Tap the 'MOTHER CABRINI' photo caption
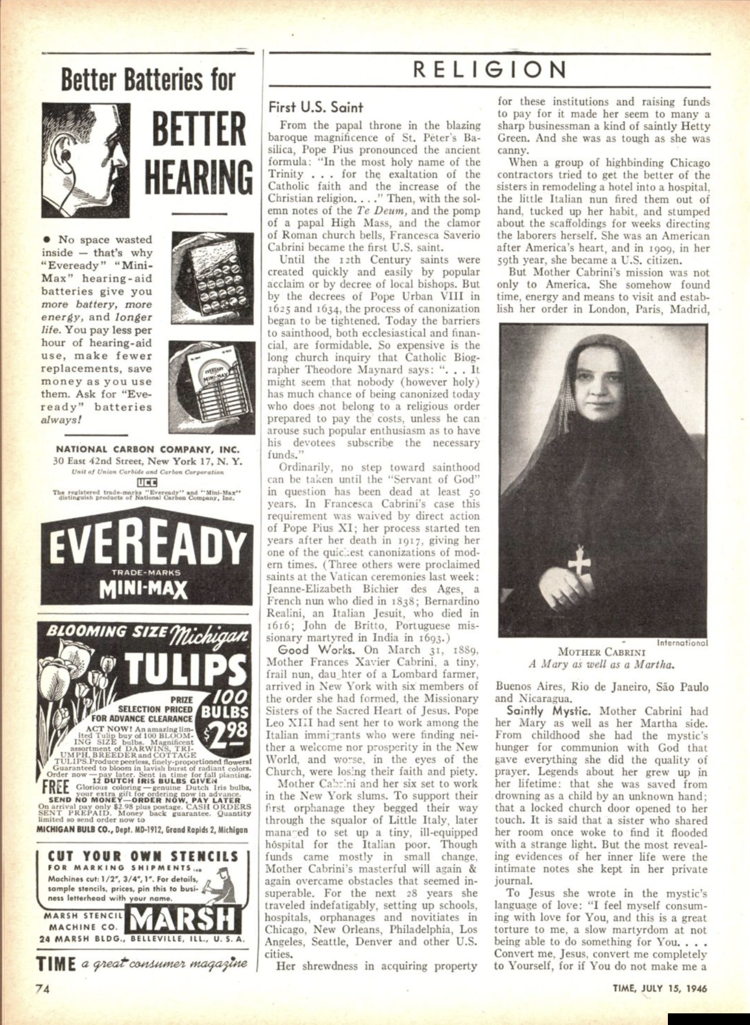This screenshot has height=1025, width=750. pyautogui.click(x=602, y=652)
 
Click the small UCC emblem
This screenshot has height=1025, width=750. pyautogui.click(x=145, y=481)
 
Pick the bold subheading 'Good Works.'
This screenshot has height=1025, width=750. pyautogui.click(x=316, y=650)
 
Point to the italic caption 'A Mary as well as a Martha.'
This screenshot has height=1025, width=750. pyautogui.click(x=602, y=664)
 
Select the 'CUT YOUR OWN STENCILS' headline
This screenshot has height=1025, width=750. pyautogui.click(x=143, y=856)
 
